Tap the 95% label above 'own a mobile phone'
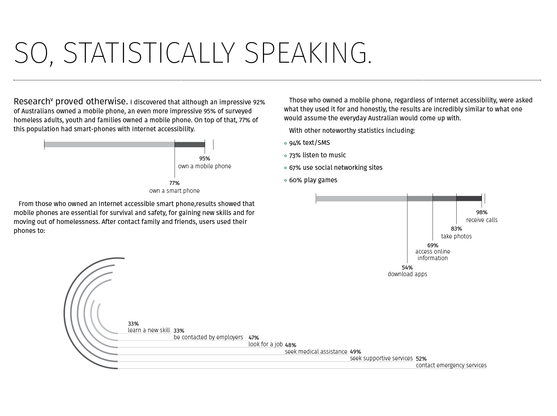[x=205, y=159]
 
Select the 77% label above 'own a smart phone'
[x=174, y=183]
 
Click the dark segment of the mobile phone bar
[x=189, y=145]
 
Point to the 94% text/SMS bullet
[x=309, y=143]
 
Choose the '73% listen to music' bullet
[x=317, y=155]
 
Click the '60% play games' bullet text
[x=313, y=180]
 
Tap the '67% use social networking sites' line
[x=335, y=168]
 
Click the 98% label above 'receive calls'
[x=482, y=212]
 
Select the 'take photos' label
[x=456, y=236]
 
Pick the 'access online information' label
[x=433, y=255]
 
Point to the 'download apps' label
[x=407, y=274]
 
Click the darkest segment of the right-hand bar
[x=469, y=199]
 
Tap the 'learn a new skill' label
[x=149, y=330]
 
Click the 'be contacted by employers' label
[x=208, y=337]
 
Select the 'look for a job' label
[x=265, y=344]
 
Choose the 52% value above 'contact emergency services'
[x=421, y=359]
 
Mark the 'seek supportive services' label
[x=381, y=358]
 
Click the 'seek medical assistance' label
[x=316, y=352]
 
